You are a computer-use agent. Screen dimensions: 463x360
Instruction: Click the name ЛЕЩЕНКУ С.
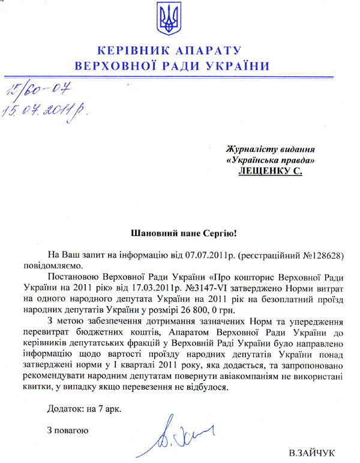tap(269, 171)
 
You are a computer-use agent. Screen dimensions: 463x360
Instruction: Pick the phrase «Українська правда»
tap(270, 160)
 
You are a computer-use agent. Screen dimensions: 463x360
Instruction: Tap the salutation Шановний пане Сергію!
tap(179, 231)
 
